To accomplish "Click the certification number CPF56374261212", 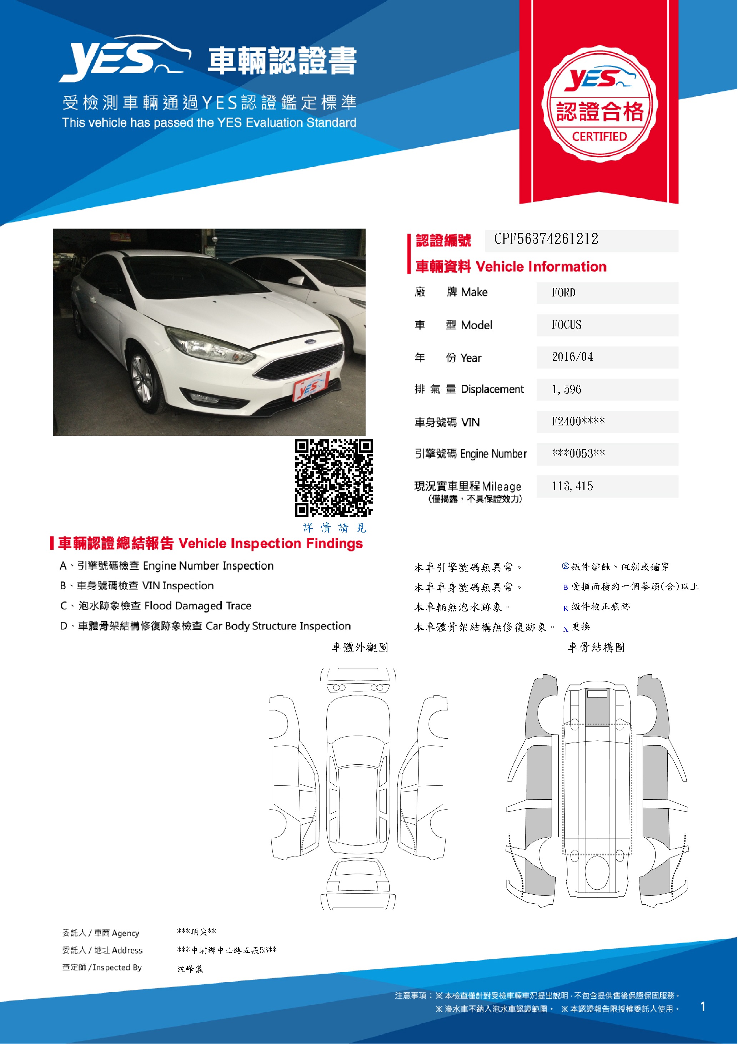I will click(546, 239).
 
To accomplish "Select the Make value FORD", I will click(563, 293).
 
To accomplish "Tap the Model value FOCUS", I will click(566, 325).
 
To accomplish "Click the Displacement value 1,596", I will click(566, 390).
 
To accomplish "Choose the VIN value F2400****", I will click(578, 422).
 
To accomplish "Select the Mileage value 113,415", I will click(572, 486).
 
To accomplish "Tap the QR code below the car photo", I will click(333, 478).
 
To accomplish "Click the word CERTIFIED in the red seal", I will click(599, 137).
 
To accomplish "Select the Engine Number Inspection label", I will click(208, 566).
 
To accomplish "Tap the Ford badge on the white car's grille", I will click(310, 341).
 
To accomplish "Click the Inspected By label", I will click(117, 968).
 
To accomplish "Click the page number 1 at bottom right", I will click(703, 1007).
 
